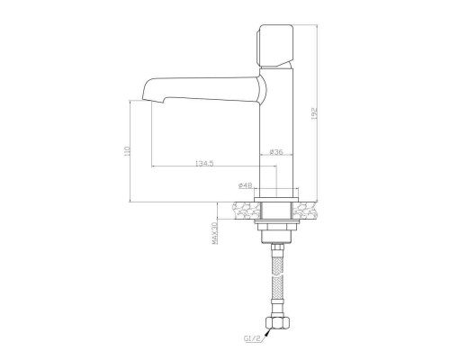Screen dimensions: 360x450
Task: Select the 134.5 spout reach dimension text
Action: point(203,163)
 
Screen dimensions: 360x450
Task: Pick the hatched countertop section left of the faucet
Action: point(242,210)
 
